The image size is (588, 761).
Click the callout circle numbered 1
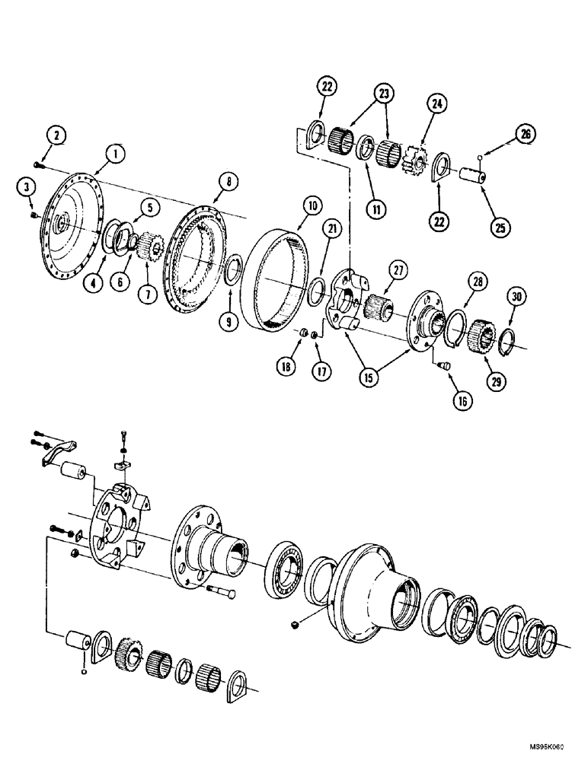pyautogui.click(x=114, y=154)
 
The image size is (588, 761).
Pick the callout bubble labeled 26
pyautogui.click(x=526, y=135)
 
